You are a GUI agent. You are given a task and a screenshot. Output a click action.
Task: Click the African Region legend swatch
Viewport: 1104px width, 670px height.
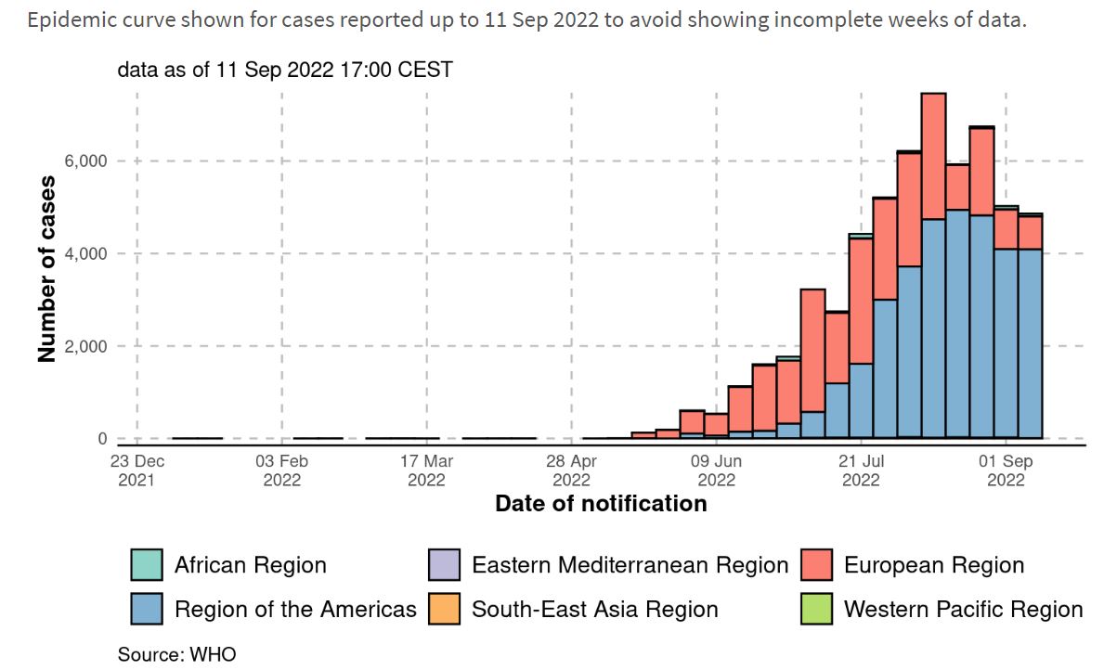coord(147,565)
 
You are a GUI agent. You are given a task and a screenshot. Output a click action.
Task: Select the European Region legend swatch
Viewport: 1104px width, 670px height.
coord(816,565)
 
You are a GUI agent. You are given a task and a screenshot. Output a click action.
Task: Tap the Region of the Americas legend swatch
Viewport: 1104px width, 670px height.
coord(147,610)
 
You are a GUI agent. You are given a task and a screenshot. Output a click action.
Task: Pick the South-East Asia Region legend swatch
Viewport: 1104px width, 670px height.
coord(444,610)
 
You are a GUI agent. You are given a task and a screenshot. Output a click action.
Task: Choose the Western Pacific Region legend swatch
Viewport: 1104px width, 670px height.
coord(816,610)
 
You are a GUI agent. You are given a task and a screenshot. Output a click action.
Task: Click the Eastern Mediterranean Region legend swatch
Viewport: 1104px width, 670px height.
coord(444,565)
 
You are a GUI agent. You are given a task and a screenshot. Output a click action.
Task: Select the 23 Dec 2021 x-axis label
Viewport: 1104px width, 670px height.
coord(137,470)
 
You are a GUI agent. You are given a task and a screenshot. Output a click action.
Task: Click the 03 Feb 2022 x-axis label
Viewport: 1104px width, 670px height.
coord(282,470)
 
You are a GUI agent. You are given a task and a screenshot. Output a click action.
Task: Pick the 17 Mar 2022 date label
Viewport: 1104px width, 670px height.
coord(427,470)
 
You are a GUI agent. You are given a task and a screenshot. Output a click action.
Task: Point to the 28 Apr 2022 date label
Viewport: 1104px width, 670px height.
coord(572,470)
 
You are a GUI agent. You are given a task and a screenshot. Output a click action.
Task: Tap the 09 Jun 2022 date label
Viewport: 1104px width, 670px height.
coord(717,470)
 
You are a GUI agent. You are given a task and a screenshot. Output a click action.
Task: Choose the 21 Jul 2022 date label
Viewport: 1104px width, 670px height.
coord(862,470)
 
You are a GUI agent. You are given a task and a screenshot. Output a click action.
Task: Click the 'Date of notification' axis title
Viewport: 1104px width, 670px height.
coord(601,504)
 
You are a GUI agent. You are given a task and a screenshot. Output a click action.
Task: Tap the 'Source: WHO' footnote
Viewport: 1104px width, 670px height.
coord(176,654)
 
